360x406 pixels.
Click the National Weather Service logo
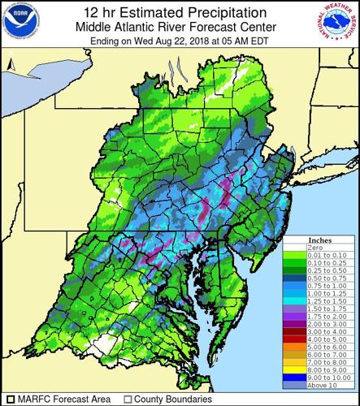point(339,24)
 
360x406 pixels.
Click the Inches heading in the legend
point(331,242)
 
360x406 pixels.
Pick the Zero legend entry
point(331,249)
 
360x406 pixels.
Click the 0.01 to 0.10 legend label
point(331,257)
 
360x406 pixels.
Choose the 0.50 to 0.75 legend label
point(331,279)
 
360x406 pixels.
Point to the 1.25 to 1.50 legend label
point(331,300)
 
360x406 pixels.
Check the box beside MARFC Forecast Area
point(8,399)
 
